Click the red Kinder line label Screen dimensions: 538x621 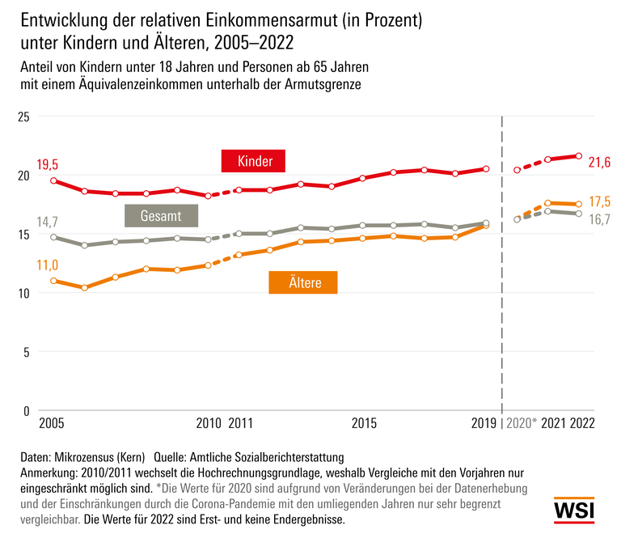(255, 162)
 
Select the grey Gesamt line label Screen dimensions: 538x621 (161, 216)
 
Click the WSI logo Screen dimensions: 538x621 (574, 510)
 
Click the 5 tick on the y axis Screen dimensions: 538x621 (26, 352)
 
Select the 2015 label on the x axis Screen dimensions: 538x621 (364, 423)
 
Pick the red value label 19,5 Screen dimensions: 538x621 (49, 163)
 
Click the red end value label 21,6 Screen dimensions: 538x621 (599, 163)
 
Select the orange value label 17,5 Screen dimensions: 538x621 (599, 201)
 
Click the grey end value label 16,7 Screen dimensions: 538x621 (599, 219)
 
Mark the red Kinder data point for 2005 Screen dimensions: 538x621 (53, 180)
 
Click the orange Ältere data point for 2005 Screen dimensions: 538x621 (53, 281)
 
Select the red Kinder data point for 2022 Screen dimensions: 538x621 (579, 155)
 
